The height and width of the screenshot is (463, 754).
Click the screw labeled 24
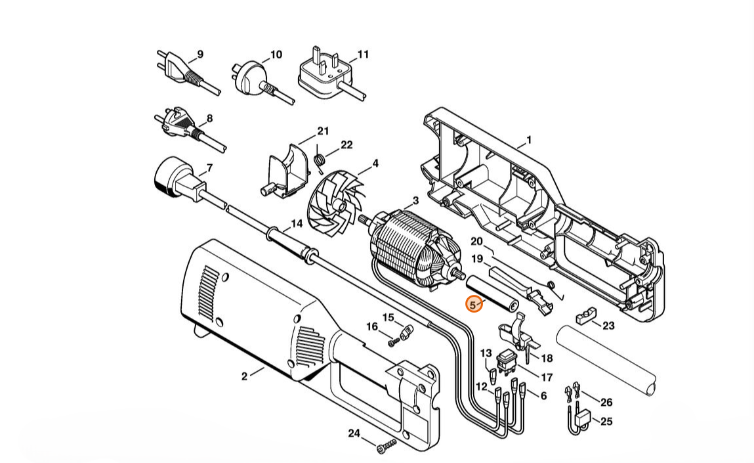(x=385, y=447)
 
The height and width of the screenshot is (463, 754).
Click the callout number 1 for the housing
(x=529, y=140)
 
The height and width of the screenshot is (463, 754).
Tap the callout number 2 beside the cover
(x=244, y=376)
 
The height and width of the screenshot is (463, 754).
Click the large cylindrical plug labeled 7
(x=171, y=178)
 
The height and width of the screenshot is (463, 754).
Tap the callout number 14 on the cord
(x=297, y=223)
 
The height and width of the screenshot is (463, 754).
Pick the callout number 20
(x=476, y=242)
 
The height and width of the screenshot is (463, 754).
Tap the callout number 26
(x=606, y=402)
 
